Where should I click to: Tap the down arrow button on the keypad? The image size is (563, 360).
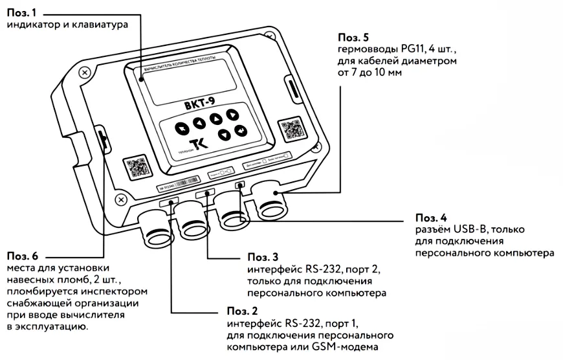point(224,135)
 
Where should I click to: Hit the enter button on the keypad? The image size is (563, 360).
point(241,131)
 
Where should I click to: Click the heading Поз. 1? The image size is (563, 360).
point(21,12)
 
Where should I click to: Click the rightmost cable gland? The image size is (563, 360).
point(272,202)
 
